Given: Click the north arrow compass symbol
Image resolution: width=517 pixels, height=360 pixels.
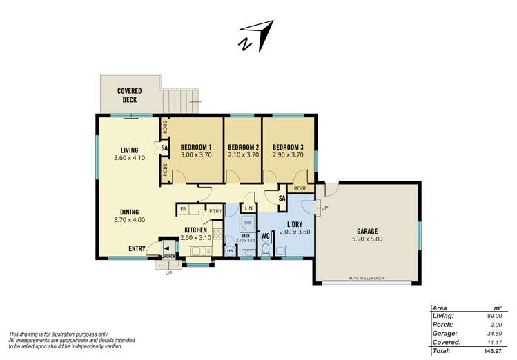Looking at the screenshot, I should tap(255, 35).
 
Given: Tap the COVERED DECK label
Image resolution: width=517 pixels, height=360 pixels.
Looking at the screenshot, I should tap(129, 94).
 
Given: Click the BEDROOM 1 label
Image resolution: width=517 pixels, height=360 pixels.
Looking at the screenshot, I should tap(195, 147).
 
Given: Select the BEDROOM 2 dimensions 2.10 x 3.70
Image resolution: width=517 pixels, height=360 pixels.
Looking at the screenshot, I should tap(243, 155).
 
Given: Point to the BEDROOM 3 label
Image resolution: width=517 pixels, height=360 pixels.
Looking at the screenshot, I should tap(288, 147).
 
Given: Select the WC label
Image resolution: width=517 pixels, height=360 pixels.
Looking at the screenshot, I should tap(265, 236).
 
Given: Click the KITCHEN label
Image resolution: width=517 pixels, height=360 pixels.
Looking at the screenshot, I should tap(197, 230).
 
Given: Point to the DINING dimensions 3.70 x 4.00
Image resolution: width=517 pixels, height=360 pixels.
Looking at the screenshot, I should tap(129, 220).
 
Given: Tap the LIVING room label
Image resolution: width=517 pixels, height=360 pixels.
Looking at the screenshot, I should tap(129, 150).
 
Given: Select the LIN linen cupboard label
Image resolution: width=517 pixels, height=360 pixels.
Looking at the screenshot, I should tap(248, 208).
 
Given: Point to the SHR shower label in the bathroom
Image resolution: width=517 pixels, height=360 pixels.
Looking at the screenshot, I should tap(246, 223).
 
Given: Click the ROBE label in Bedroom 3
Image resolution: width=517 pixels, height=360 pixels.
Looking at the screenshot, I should tap(300, 188).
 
